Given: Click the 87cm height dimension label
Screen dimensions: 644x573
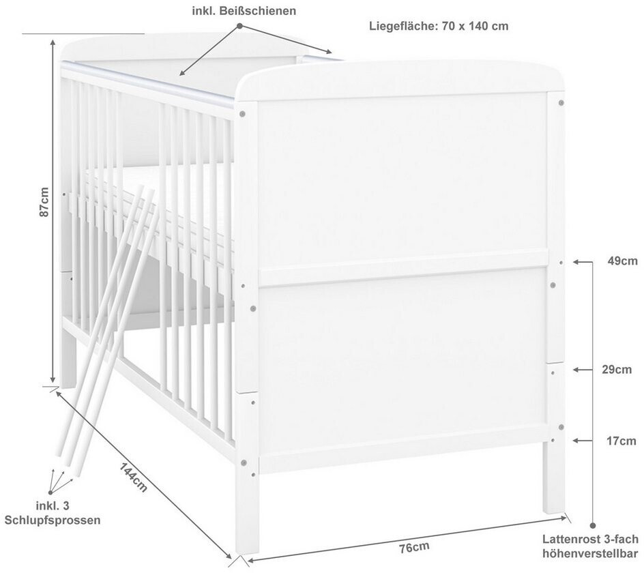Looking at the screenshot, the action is [x=45, y=202].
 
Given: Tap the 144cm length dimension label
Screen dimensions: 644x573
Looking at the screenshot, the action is [x=134, y=477].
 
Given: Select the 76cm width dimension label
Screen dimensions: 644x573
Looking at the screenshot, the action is [x=415, y=546].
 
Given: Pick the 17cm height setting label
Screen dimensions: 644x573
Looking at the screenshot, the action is [x=621, y=441].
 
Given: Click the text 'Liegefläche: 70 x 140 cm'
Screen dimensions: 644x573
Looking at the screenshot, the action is [x=439, y=26].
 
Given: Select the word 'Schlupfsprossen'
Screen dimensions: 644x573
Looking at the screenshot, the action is [x=53, y=520].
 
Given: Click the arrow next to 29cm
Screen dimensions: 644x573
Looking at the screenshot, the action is [x=582, y=370].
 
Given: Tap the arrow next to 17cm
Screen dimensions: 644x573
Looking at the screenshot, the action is [x=582, y=441].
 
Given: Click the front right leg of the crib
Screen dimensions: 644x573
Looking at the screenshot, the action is [x=553, y=477].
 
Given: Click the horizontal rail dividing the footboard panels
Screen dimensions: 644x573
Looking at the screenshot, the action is [x=402, y=266].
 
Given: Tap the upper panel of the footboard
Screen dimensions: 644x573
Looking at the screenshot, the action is [x=402, y=177].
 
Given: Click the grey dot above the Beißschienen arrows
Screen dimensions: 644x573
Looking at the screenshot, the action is [x=240, y=25].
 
